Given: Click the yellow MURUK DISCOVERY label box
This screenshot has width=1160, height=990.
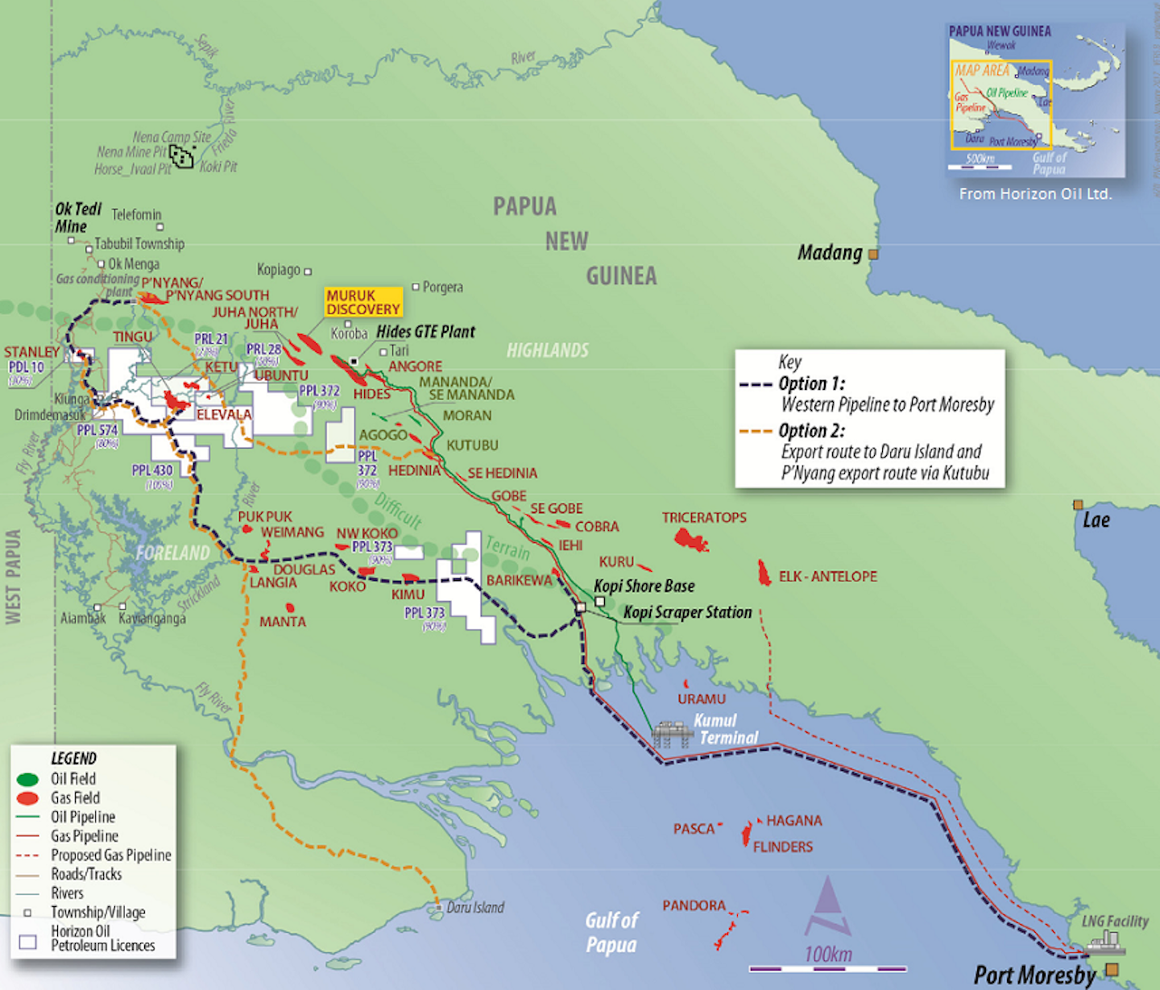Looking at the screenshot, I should pos(362,302).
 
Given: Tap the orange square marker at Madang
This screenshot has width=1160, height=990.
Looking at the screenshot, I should pos(873,255).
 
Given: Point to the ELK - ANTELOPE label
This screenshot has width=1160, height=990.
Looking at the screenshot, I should pos(827,577).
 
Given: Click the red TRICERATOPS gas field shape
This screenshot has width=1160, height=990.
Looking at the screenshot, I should pos(690,538).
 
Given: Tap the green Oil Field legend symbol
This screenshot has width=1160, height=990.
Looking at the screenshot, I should pos(27,779).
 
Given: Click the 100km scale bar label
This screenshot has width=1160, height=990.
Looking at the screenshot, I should pos(827,955).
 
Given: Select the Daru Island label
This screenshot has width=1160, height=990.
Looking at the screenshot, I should pos(475,908).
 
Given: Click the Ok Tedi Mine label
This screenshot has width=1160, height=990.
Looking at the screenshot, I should pos(77,217).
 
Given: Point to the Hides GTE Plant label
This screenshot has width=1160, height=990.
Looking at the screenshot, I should pos(425,332).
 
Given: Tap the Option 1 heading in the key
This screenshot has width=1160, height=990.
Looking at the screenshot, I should pos(811,383).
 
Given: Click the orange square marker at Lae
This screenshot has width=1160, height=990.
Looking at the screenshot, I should pos(1078,505).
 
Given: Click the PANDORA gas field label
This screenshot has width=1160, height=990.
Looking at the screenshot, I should pos(694,905).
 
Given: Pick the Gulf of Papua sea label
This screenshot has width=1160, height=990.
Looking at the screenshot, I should pos(611,932).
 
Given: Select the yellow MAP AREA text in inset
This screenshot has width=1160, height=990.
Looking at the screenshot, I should pos(982,71).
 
